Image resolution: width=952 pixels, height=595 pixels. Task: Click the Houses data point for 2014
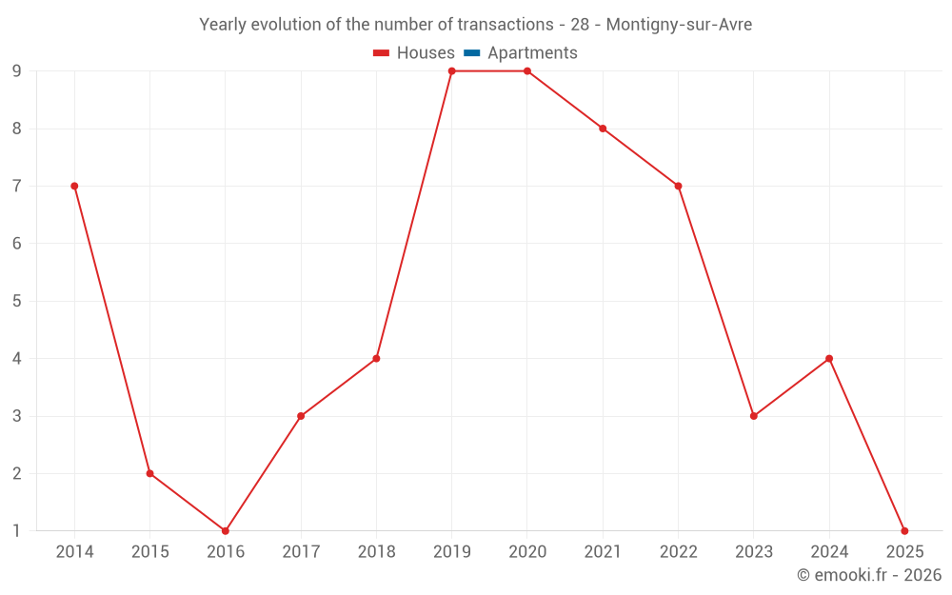(x=74, y=186)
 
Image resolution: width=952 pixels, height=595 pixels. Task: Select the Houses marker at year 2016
(x=226, y=530)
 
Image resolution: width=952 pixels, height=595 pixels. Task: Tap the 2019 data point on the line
(x=452, y=71)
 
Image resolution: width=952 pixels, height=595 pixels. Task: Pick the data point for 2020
(x=527, y=71)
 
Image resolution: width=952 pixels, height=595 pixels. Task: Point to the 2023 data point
(x=754, y=416)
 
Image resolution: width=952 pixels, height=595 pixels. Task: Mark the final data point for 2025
(x=904, y=530)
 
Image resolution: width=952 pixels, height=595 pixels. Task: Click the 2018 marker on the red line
(x=376, y=358)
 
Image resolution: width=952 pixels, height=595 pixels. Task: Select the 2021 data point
(x=603, y=129)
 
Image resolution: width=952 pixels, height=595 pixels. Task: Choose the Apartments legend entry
(x=532, y=53)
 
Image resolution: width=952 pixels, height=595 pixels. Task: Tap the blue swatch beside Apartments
(x=472, y=53)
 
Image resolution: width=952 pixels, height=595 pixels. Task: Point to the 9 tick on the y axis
(x=17, y=71)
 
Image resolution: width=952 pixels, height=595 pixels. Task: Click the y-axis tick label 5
(x=17, y=301)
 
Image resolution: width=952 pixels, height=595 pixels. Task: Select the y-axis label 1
(x=17, y=530)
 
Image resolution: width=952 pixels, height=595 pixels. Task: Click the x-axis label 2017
(x=301, y=552)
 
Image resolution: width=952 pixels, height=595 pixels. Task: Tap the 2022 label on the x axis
(x=678, y=552)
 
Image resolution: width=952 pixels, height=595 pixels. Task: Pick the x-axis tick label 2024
(x=829, y=552)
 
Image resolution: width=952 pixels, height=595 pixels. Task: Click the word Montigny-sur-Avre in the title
(x=679, y=25)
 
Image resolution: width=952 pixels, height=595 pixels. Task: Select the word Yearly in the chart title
(x=223, y=25)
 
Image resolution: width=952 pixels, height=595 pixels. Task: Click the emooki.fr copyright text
(x=869, y=575)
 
